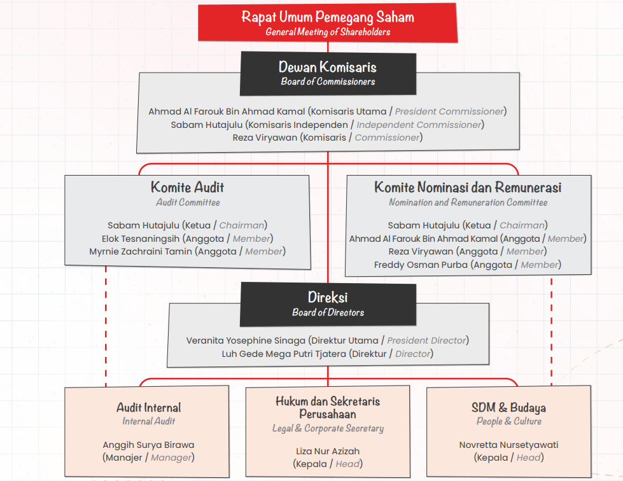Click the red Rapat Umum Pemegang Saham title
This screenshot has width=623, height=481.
tap(328, 17)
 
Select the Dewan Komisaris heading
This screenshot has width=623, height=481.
tap(328, 67)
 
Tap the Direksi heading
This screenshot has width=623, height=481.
tap(328, 297)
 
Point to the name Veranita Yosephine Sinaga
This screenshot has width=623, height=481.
tap(246, 341)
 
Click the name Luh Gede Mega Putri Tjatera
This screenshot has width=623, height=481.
tap(284, 354)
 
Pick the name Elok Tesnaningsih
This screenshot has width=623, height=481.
tap(141, 239)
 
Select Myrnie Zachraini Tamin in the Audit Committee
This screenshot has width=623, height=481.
tap(141, 252)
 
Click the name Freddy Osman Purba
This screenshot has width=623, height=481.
tap(421, 265)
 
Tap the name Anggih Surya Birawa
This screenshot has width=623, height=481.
tap(149, 445)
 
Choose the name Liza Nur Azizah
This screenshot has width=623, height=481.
tap(328, 451)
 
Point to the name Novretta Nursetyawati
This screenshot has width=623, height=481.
tap(508, 445)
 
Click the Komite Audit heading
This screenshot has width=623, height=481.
tap(188, 187)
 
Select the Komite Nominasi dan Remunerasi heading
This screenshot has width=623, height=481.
tap(468, 187)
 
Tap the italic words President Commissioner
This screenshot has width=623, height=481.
tap(449, 111)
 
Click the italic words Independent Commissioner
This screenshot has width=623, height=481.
tap(419, 125)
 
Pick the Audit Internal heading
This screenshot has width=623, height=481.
tap(149, 408)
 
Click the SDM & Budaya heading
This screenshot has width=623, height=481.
tap(508, 408)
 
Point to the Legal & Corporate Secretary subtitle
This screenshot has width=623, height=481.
tap(328, 428)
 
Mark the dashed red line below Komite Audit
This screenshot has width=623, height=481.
tap(106, 326)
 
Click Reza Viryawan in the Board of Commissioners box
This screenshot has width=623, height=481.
tap(265, 138)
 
